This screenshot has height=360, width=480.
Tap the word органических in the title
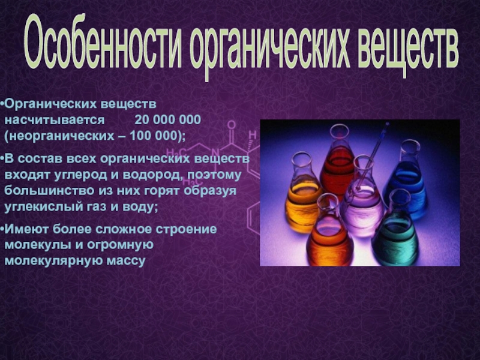tap(270, 47)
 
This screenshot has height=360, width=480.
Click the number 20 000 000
tap(168, 119)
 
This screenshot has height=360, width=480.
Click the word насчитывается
tap(55, 120)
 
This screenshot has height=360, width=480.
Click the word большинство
tap(49, 191)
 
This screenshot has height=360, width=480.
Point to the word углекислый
tap(41, 207)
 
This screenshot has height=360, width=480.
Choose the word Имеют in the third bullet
tap(26, 229)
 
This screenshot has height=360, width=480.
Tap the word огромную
tap(120, 245)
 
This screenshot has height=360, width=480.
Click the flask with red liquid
tap(337, 161)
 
